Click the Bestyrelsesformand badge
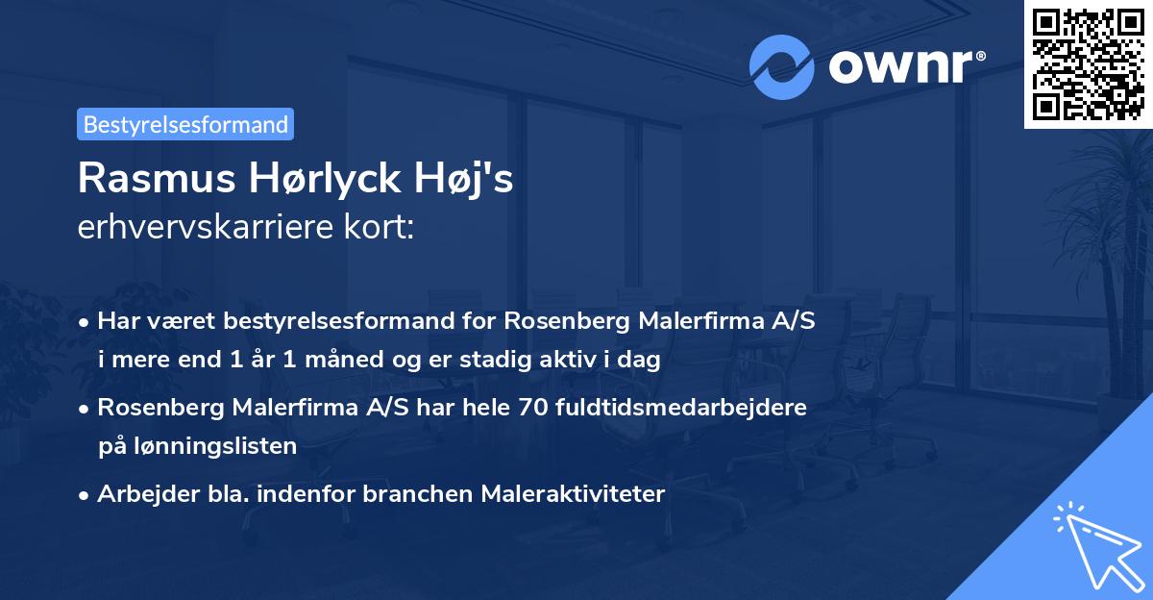click(185, 124)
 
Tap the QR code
click(1088, 63)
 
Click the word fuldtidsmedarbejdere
click(679, 408)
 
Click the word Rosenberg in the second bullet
click(159, 408)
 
